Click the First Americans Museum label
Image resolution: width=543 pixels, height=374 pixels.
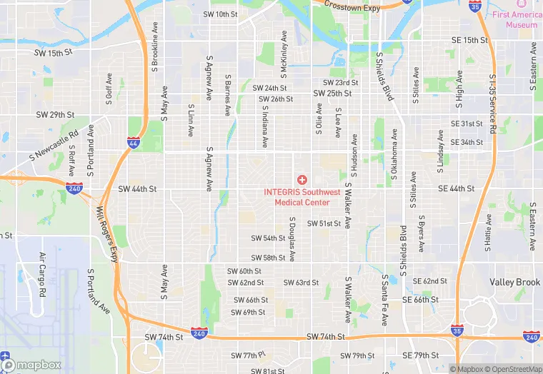[x=516, y=19]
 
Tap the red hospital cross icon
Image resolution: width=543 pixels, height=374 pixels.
[x=302, y=179]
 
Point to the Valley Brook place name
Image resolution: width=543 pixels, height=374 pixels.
[x=514, y=283]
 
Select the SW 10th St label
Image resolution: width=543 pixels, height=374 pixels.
[x=220, y=14]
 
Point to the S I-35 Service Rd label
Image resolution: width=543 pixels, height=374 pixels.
[x=492, y=104]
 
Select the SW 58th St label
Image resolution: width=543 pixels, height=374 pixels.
[x=268, y=258]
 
